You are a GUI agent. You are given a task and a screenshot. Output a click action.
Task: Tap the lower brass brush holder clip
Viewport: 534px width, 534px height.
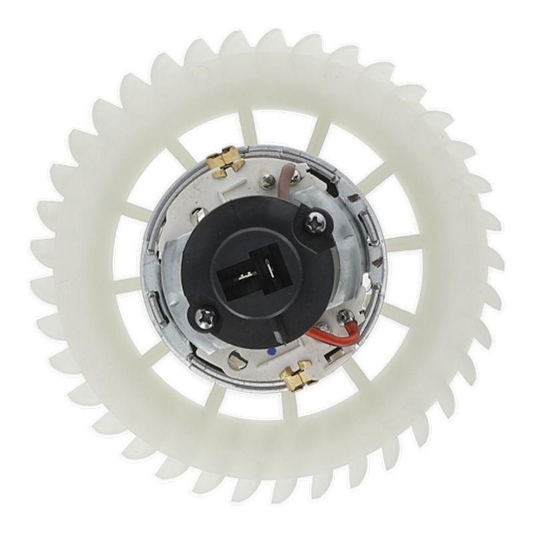(298, 375)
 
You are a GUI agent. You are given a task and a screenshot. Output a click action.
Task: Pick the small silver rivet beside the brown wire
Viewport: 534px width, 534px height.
(267, 178)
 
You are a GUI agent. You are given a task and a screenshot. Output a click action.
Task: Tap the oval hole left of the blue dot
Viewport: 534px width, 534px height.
(236, 361)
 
